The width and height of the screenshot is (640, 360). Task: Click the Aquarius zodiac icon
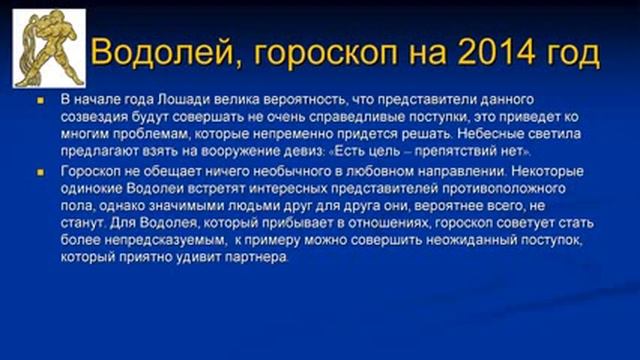tap(48, 48)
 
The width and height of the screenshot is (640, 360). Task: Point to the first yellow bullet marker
tap(42, 101)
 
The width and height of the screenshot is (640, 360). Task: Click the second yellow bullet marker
tap(42, 172)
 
